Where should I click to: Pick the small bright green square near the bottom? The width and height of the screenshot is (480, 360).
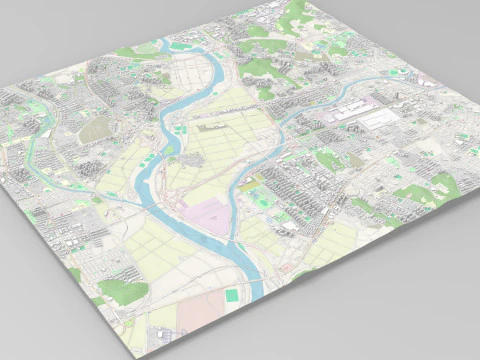pos(232,295)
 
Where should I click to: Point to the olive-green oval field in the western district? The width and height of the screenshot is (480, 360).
pos(97,129)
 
